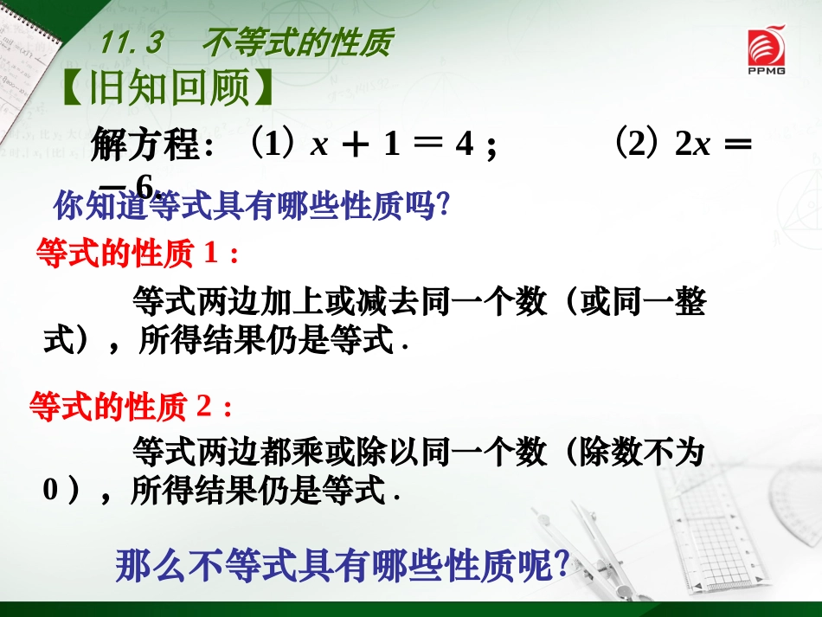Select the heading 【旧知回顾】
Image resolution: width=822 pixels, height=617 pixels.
(x=170, y=87)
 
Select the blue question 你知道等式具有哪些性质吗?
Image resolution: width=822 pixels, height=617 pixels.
(x=252, y=208)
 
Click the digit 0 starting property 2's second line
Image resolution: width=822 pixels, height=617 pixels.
(x=50, y=492)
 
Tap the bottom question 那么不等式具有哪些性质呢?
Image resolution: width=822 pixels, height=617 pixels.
(x=342, y=566)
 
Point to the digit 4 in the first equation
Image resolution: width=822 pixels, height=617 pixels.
(x=465, y=145)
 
